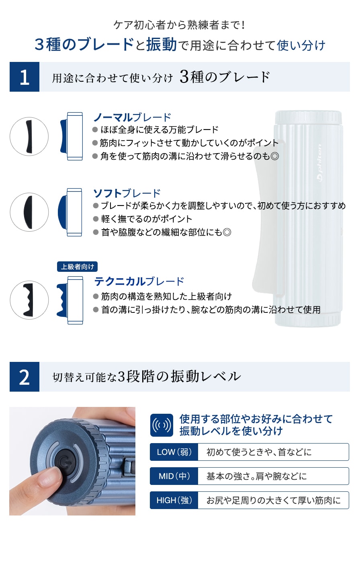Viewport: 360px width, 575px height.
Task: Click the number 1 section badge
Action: coord(25,77)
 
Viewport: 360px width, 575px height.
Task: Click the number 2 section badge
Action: coord(25,377)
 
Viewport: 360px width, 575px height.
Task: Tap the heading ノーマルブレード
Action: coord(132,117)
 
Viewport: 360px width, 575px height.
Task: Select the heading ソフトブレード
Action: coord(127,193)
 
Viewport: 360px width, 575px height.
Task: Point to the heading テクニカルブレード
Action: coord(139,281)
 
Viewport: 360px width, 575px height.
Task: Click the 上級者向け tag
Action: coord(78,267)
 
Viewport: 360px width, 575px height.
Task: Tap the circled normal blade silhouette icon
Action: coord(29,137)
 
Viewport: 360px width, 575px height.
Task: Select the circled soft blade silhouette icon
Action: coord(29,212)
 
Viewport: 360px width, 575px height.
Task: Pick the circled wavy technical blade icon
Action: coord(29,300)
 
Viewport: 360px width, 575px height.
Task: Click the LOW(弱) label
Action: coord(174,452)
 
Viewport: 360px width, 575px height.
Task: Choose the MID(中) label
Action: coord(174,476)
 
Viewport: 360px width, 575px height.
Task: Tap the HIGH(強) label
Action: coord(174,500)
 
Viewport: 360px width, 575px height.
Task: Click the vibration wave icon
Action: coord(162,425)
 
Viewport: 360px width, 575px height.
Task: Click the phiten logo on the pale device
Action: coord(320,162)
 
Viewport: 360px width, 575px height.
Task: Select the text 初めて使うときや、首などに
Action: coord(259,452)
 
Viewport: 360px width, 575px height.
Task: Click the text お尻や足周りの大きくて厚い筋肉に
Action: coord(273,500)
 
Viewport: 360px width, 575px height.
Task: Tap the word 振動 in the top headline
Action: coord(162,45)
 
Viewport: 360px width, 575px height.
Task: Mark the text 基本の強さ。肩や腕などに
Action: coord(256,476)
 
